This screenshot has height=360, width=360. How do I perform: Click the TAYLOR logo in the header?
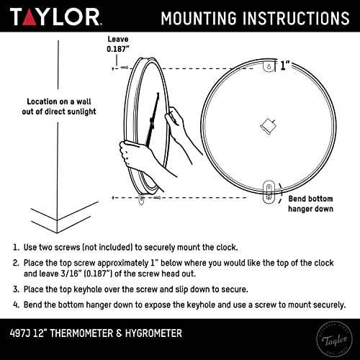click(x=54, y=17)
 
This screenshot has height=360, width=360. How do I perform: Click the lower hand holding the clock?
click(x=135, y=154)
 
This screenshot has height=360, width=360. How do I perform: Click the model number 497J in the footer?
click(x=25, y=333)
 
